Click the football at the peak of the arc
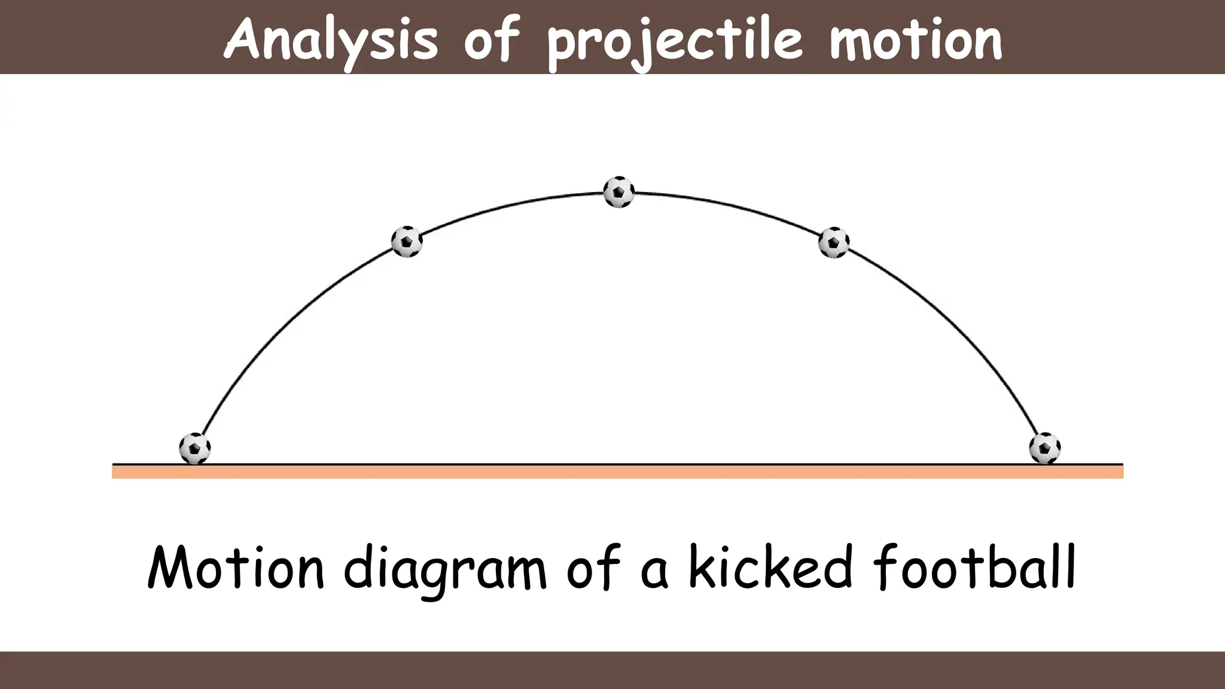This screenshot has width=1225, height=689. (x=618, y=192)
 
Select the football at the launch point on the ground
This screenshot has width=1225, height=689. (x=195, y=448)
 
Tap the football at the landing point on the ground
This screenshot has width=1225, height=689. (x=1044, y=448)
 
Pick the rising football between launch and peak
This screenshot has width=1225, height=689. (x=407, y=242)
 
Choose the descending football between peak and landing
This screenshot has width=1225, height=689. (x=834, y=242)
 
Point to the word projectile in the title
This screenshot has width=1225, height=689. (x=674, y=42)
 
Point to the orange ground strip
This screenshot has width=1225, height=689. (x=617, y=472)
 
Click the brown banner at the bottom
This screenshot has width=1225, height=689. (x=612, y=670)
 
